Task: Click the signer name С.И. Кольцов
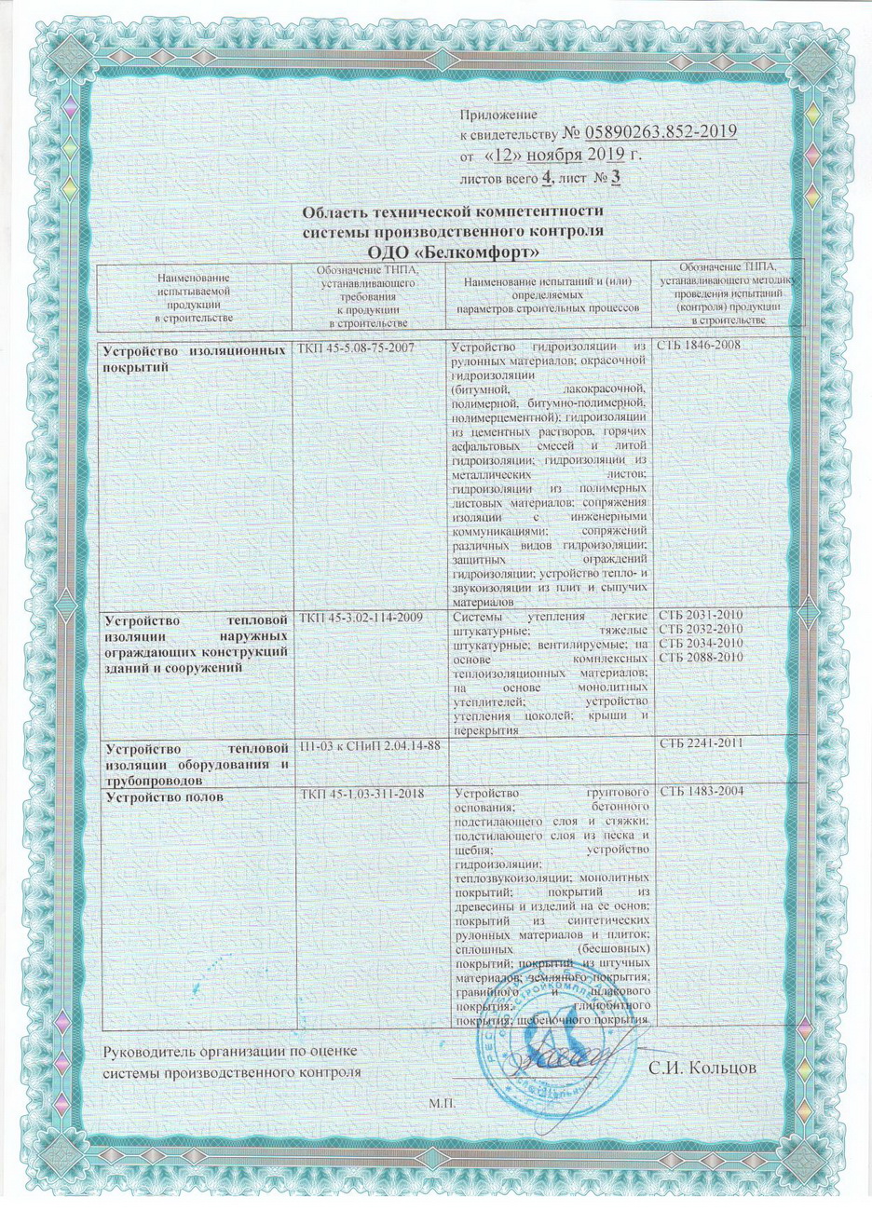(699, 1065)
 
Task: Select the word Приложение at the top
(498, 114)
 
